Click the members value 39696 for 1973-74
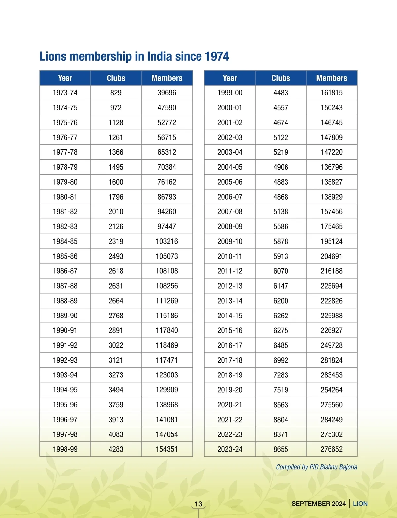click(x=167, y=93)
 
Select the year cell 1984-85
click(x=65, y=241)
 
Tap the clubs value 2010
click(x=116, y=212)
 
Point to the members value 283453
click(x=331, y=375)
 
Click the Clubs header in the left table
click(x=116, y=78)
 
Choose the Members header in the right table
click(x=331, y=78)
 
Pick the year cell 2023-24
click(x=230, y=449)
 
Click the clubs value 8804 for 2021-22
click(x=281, y=420)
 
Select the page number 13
click(x=198, y=504)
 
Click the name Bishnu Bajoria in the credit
click(x=338, y=467)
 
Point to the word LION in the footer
click(x=360, y=504)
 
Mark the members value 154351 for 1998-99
click(x=167, y=449)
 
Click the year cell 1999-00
click(x=230, y=93)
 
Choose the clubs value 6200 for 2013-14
click(x=281, y=301)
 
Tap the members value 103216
click(x=167, y=241)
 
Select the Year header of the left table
click(x=65, y=78)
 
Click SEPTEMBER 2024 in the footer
click(x=319, y=504)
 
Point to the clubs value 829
click(x=116, y=93)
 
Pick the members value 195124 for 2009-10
click(x=331, y=241)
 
